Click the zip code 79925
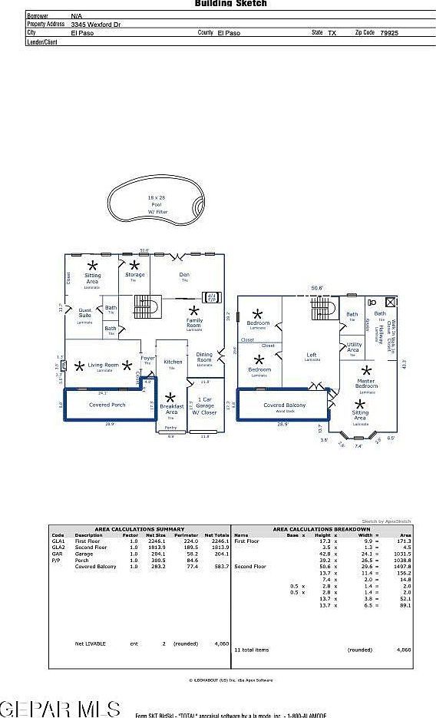coord(388,33)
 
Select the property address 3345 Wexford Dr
coord(96,25)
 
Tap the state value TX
coord(332,33)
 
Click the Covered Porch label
coord(107,404)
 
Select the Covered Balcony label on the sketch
coord(284,405)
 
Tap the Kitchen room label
coord(173,362)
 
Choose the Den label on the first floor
coord(184,274)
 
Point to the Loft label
coord(312,355)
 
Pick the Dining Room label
coord(204,356)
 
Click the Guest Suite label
coord(84,313)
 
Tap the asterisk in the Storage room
coord(135,265)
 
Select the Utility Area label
coord(353,347)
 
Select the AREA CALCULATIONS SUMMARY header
coord(139,529)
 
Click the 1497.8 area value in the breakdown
coord(401,565)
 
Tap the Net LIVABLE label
coord(90,643)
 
